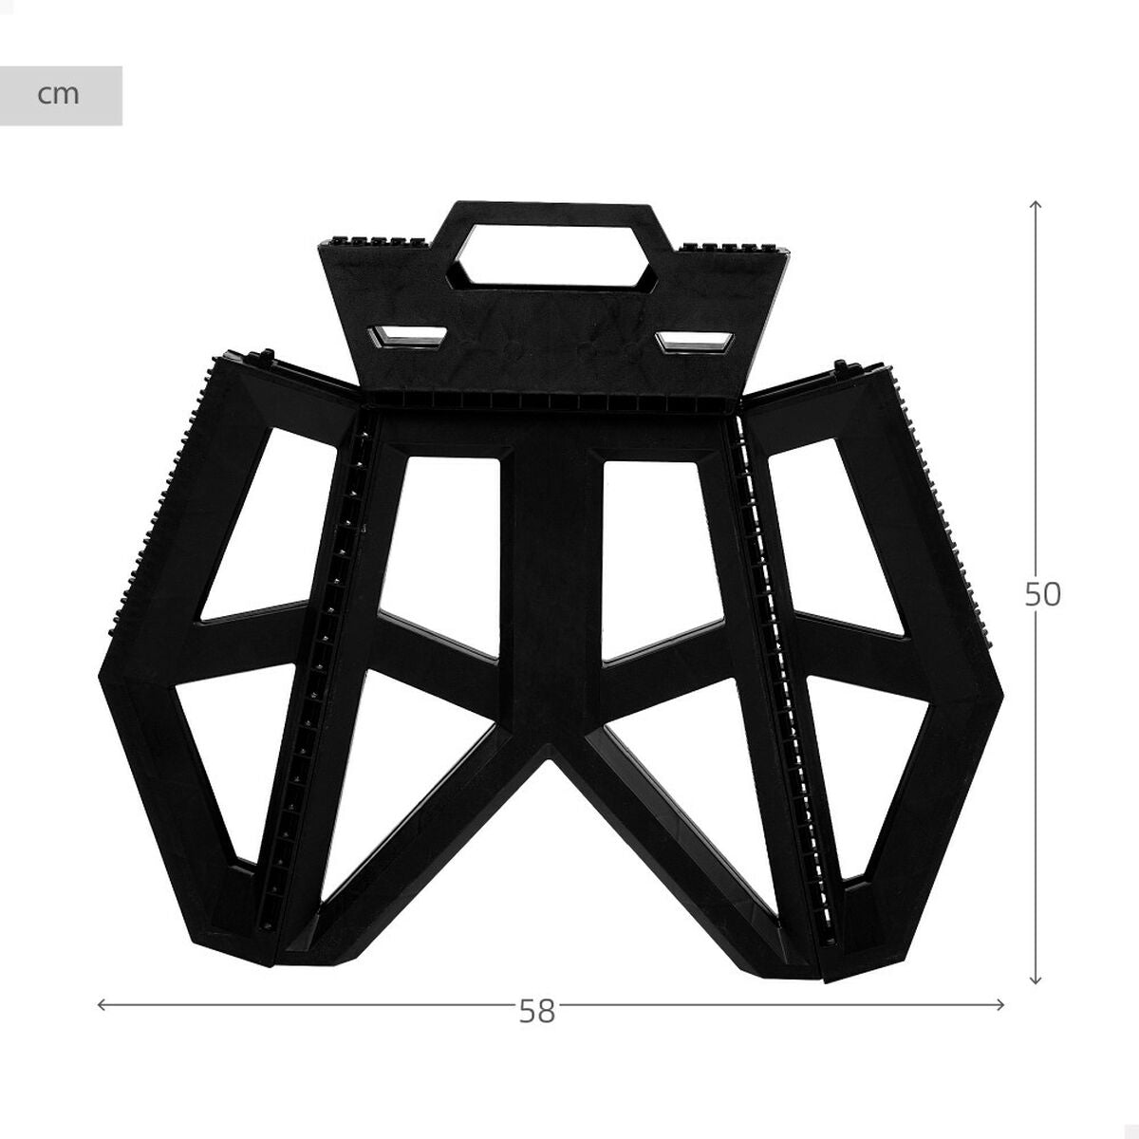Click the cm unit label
pyautogui.click(x=59, y=95)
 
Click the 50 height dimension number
pyautogui.click(x=1042, y=594)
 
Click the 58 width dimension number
pyautogui.click(x=536, y=1012)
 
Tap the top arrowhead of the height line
pyautogui.click(x=1036, y=205)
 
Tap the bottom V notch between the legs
pyautogui.click(x=551, y=759)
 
